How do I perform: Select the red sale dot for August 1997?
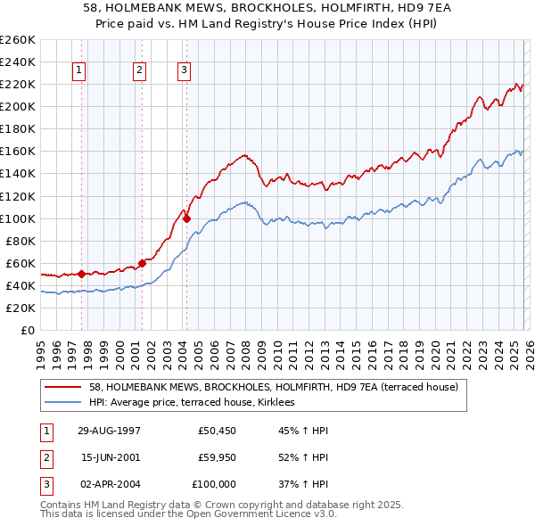pos(81,274)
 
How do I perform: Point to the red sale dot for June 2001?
pos(142,263)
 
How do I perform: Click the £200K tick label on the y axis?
pos(18,106)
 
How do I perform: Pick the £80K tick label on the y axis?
pos(21,241)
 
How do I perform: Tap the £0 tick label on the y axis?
pos(28,330)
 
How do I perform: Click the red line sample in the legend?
pos(63,387)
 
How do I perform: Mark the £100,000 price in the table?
pos(215,484)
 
